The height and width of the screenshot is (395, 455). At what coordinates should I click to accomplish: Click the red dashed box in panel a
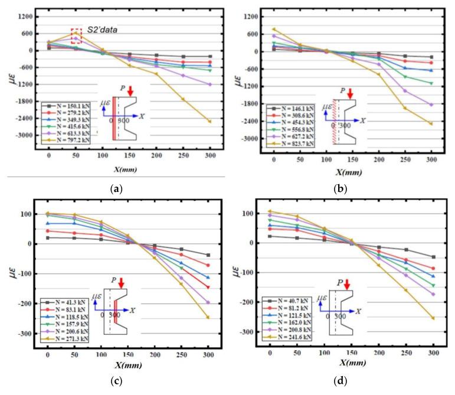(76, 35)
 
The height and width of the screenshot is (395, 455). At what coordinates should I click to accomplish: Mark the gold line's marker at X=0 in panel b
(274, 29)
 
